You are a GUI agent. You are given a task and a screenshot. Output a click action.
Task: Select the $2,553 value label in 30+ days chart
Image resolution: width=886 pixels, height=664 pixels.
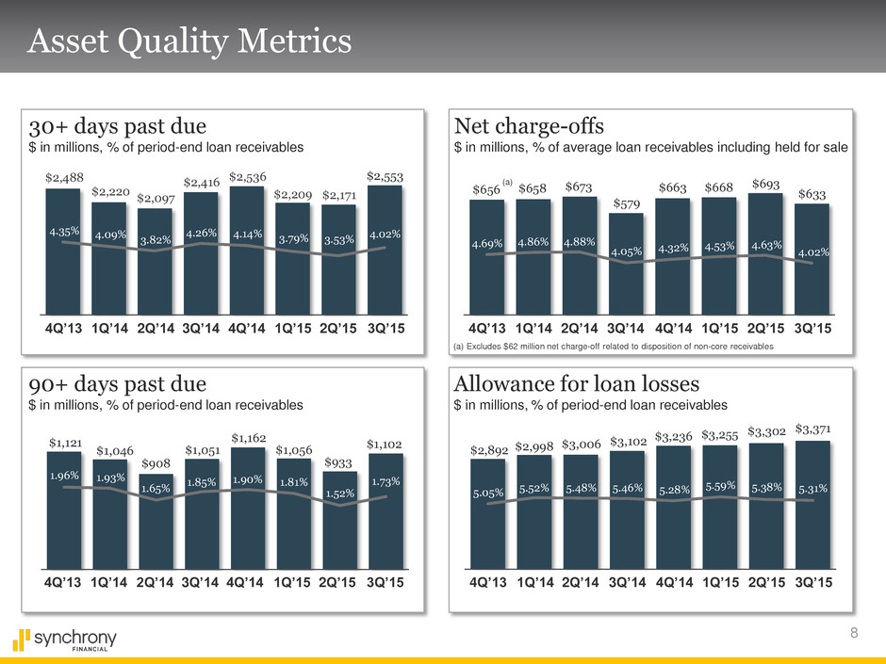pyautogui.click(x=385, y=176)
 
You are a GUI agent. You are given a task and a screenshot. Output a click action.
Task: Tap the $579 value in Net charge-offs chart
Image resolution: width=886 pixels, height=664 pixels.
pyautogui.click(x=626, y=203)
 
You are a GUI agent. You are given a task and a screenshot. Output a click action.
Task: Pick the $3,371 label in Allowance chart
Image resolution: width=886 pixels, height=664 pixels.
pyautogui.click(x=813, y=430)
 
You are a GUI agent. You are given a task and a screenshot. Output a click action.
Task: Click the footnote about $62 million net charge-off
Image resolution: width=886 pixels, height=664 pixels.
pyautogui.click(x=614, y=348)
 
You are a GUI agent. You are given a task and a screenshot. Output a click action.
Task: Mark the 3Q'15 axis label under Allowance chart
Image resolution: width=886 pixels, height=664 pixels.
pyautogui.click(x=813, y=582)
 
